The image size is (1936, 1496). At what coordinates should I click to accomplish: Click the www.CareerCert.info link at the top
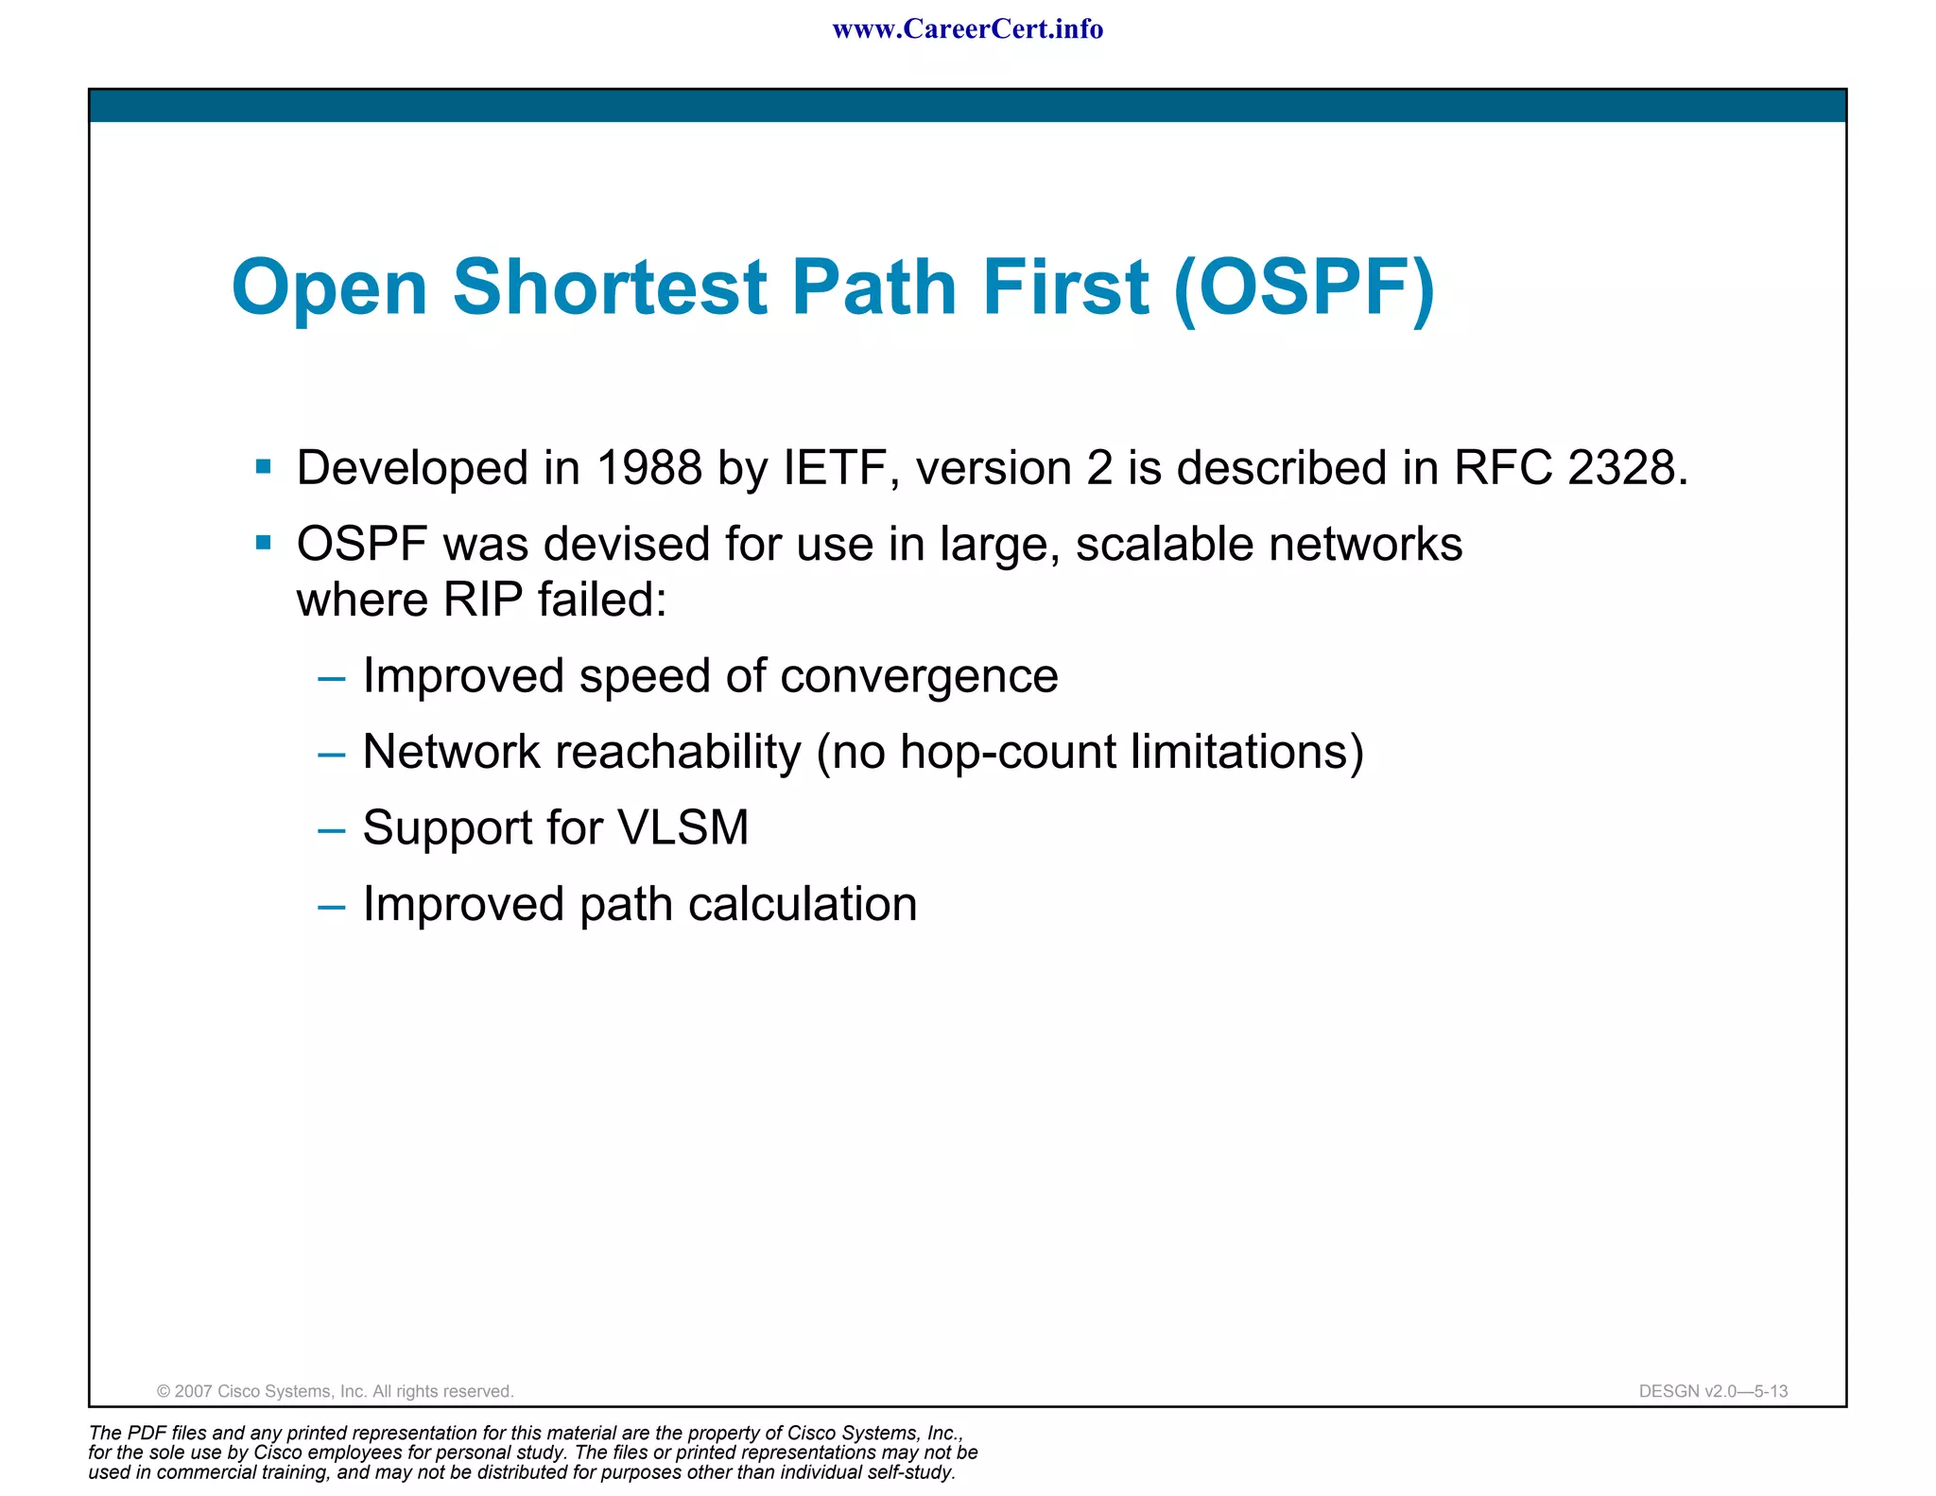point(967,29)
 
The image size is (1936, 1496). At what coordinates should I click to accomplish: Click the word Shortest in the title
point(610,287)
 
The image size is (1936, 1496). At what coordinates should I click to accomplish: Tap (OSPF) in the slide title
point(1304,287)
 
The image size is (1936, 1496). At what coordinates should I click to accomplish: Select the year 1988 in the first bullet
point(649,468)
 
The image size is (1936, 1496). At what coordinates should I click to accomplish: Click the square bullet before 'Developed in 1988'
point(264,466)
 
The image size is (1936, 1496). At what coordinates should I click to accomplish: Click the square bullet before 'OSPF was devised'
point(264,543)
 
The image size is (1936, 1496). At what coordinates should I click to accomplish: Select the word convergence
point(919,677)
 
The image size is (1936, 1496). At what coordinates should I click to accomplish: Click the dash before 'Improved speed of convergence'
point(332,679)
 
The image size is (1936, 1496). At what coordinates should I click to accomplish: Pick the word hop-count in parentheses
point(1007,753)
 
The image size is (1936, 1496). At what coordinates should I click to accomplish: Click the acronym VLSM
point(683,828)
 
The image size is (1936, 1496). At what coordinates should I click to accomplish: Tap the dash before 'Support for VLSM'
point(332,831)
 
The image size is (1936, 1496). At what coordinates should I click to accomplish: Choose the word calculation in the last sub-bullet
point(803,905)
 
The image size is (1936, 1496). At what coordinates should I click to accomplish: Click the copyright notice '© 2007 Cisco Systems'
point(335,1391)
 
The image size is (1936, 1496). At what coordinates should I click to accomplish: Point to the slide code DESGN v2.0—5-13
point(1713,1391)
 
